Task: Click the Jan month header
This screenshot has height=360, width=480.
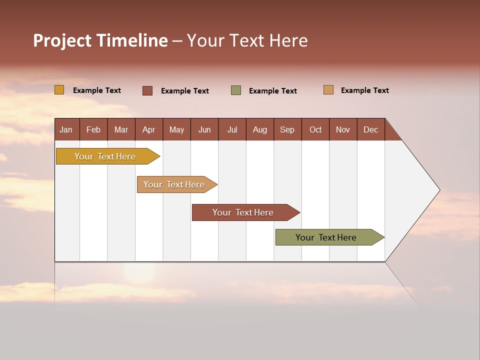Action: point(66,129)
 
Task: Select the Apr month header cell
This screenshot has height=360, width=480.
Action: point(148,129)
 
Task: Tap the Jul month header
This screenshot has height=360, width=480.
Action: point(232,129)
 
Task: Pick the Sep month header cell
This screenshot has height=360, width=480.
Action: point(287,129)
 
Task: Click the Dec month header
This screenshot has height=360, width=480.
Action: point(370,129)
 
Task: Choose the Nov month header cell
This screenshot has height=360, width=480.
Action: point(342,129)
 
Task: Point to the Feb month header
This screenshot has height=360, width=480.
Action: point(93,129)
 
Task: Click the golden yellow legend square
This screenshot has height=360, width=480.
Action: point(59,90)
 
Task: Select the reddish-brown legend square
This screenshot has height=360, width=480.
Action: point(147,90)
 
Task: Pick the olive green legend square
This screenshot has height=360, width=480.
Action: point(236,90)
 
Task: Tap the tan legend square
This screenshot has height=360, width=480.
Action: point(328,90)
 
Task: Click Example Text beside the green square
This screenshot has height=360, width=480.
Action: point(273,91)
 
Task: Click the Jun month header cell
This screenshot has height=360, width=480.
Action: point(204,129)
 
